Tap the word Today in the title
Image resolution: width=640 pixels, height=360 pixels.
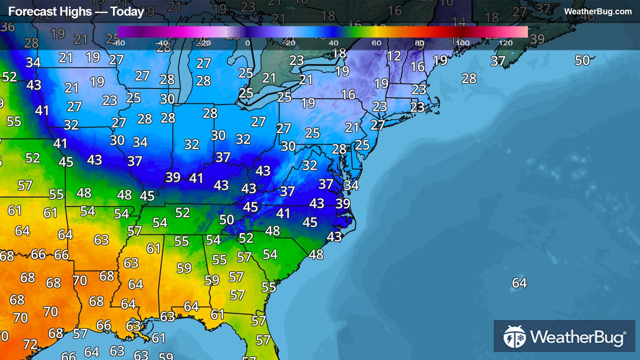(x=127, y=12)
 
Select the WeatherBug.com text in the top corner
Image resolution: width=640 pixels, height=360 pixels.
(x=598, y=12)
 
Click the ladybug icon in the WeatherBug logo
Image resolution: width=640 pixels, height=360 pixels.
(x=514, y=337)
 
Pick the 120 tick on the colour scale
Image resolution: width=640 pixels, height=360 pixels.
(x=505, y=43)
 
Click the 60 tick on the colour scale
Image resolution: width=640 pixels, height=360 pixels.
(x=376, y=43)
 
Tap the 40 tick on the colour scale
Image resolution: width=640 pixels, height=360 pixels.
(x=333, y=43)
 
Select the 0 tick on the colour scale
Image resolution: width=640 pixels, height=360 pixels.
(x=247, y=43)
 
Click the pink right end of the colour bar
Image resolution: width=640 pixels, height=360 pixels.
(x=523, y=32)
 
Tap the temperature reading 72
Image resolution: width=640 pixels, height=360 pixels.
(x=30, y=344)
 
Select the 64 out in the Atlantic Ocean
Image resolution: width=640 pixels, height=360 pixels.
(x=519, y=283)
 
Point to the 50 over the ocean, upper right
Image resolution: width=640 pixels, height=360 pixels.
(x=582, y=61)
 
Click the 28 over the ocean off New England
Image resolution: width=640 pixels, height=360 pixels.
(x=469, y=78)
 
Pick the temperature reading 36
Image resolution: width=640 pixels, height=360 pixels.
(x=8, y=27)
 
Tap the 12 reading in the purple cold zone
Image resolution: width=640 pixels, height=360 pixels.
(x=394, y=56)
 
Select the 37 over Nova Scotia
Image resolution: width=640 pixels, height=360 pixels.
(x=498, y=61)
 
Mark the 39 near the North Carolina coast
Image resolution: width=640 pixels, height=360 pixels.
(x=343, y=203)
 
